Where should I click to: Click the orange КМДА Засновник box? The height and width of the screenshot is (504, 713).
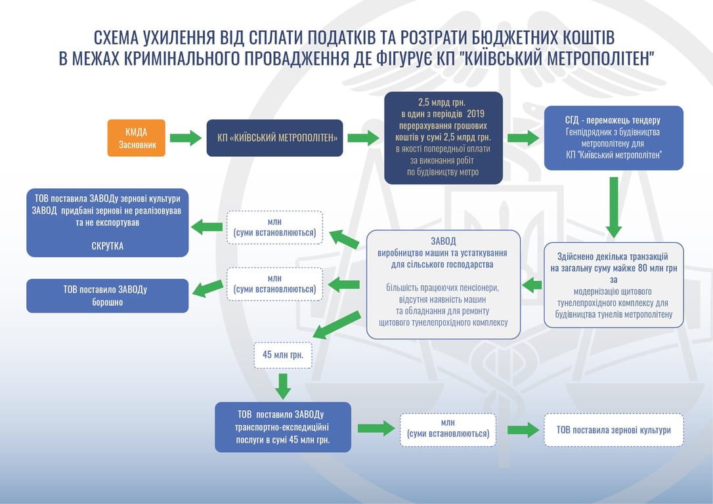tap(137, 138)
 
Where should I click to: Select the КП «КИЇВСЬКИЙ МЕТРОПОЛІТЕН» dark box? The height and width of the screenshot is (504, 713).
tap(274, 138)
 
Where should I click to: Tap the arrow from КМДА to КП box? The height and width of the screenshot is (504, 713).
tap(185, 138)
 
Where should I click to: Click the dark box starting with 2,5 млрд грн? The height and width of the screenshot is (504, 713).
tap(444, 138)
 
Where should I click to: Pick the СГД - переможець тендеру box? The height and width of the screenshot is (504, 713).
tap(613, 138)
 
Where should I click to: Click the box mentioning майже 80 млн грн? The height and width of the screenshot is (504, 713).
tap(613, 285)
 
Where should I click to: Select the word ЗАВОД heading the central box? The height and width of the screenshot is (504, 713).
tap(444, 241)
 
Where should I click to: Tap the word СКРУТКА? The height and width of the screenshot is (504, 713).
tap(108, 246)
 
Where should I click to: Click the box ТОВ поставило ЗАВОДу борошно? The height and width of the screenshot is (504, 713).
tap(108, 296)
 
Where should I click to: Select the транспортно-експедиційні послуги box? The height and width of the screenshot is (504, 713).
tap(283, 427)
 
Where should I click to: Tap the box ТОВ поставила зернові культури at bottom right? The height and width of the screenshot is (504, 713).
tap(613, 430)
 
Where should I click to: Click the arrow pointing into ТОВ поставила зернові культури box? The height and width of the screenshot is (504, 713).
tap(523, 430)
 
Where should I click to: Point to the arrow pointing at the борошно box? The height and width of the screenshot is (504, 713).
tap(207, 285)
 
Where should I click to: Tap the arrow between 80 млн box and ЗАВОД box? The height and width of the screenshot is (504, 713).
tap(532, 285)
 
